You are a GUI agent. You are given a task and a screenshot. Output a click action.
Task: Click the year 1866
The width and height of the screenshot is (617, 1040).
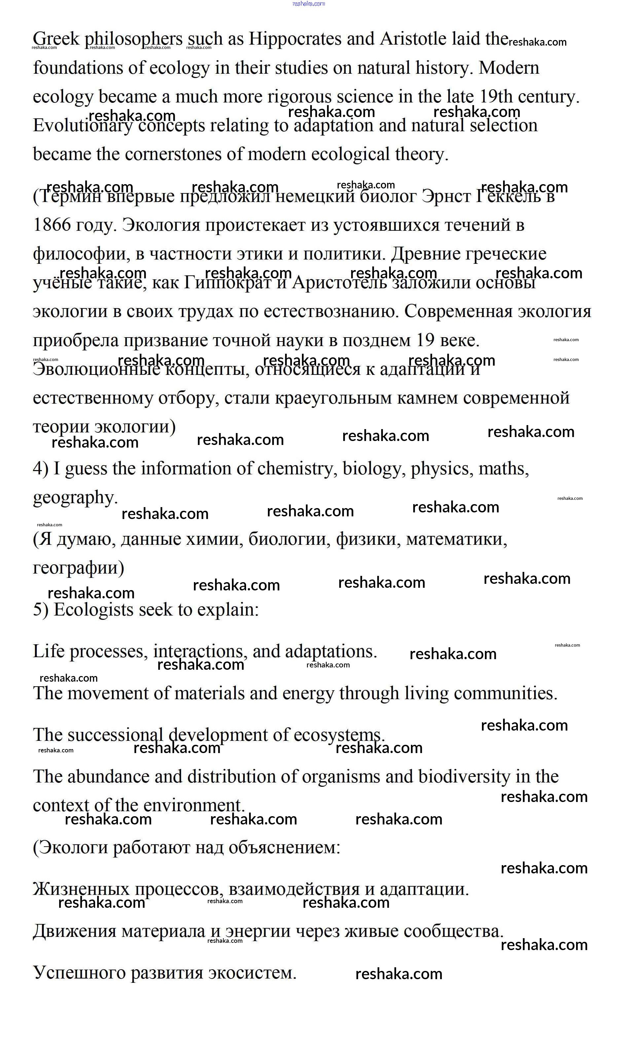click(x=52, y=225)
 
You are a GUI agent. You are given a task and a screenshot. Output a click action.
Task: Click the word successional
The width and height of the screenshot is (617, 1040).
click(x=115, y=736)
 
